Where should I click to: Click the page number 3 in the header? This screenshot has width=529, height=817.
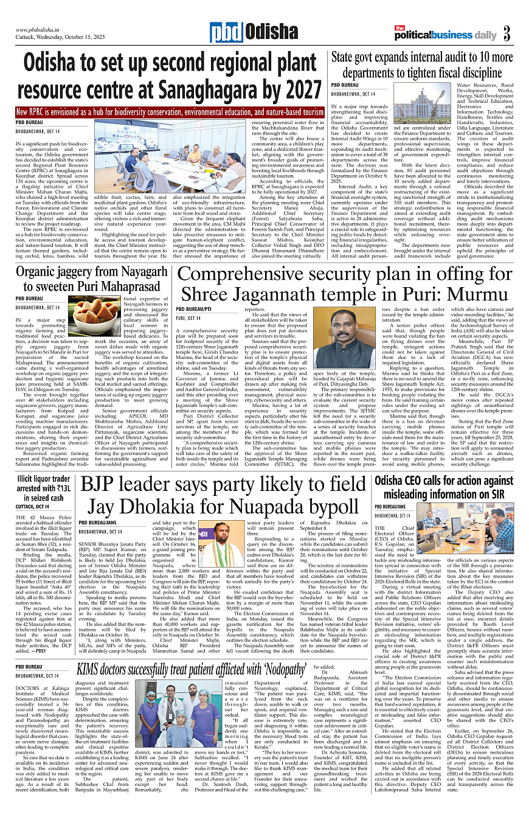pyautogui.click(x=507, y=35)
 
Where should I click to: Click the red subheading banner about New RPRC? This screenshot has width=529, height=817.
pyautogui.click(x=170, y=113)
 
